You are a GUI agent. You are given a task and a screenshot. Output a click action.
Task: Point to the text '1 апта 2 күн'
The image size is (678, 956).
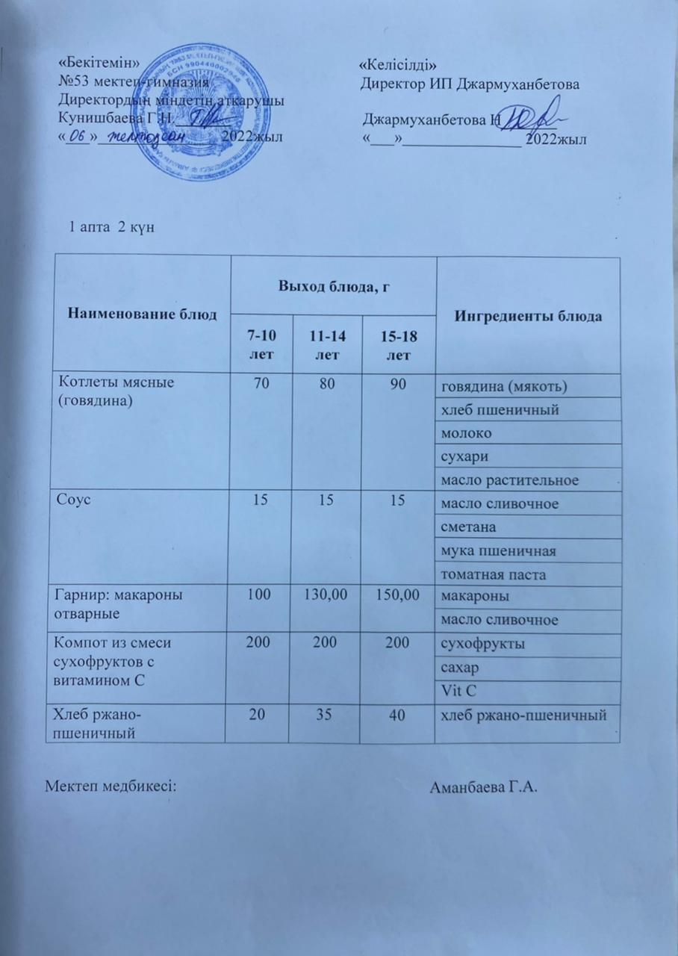coord(112,226)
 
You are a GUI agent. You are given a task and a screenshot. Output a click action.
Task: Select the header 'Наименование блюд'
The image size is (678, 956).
coord(143,314)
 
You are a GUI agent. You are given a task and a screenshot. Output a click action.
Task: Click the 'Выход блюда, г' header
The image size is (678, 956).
coord(334,285)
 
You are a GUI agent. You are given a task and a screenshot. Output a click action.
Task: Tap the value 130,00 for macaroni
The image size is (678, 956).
coord(326,597)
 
